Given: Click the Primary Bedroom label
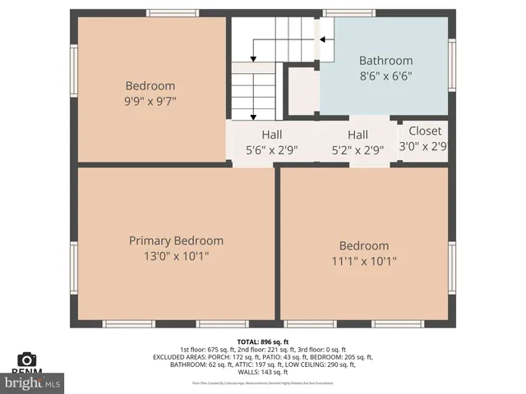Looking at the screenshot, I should pyautogui.click(x=176, y=241).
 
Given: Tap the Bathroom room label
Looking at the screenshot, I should pyautogui.click(x=385, y=61).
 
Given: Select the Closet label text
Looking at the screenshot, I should pyautogui.click(x=424, y=131).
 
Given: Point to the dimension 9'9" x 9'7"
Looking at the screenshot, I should pyautogui.click(x=150, y=101).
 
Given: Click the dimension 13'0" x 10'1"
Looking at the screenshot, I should pyautogui.click(x=176, y=256).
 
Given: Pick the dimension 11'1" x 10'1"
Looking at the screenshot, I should pyautogui.click(x=364, y=261).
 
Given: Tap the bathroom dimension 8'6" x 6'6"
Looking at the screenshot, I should pyautogui.click(x=385, y=76).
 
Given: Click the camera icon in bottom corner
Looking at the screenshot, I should pyautogui.click(x=27, y=359).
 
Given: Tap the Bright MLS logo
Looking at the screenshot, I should pyautogui.click(x=33, y=383).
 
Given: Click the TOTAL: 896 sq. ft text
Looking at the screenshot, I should pyautogui.click(x=263, y=341).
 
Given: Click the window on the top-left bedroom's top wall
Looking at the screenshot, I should pyautogui.click(x=172, y=13).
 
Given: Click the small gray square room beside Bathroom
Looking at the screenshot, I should pyautogui.click(x=301, y=90).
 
